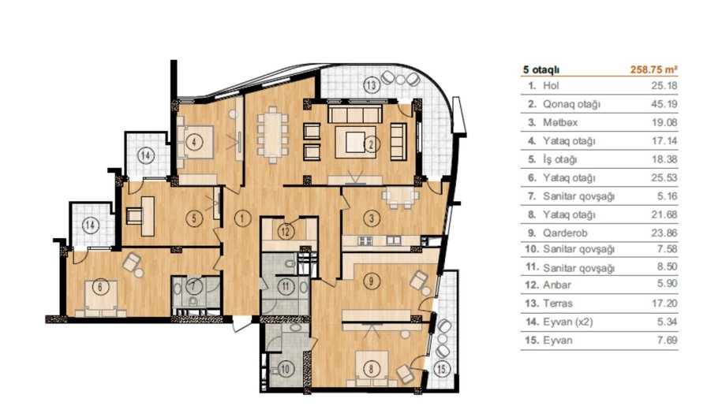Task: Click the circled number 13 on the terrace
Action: (372, 85)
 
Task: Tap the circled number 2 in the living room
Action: (372, 145)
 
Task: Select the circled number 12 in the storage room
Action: (286, 232)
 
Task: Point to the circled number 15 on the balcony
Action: (442, 369)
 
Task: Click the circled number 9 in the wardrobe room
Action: (372, 280)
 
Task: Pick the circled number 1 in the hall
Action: (242, 218)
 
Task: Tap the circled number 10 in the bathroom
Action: (286, 369)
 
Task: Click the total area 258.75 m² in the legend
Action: (654, 69)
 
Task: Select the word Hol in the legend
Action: (551, 85)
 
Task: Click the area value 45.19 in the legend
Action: (664, 104)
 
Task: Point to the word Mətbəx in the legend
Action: (560, 123)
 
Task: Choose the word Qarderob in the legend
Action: (565, 233)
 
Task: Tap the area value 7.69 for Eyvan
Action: (668, 341)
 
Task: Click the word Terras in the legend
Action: (558, 304)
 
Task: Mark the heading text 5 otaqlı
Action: (541, 70)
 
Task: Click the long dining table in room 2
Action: (272, 134)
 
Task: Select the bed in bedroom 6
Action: (101, 298)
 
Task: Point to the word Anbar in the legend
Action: (557, 285)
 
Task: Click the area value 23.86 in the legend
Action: (664, 233)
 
